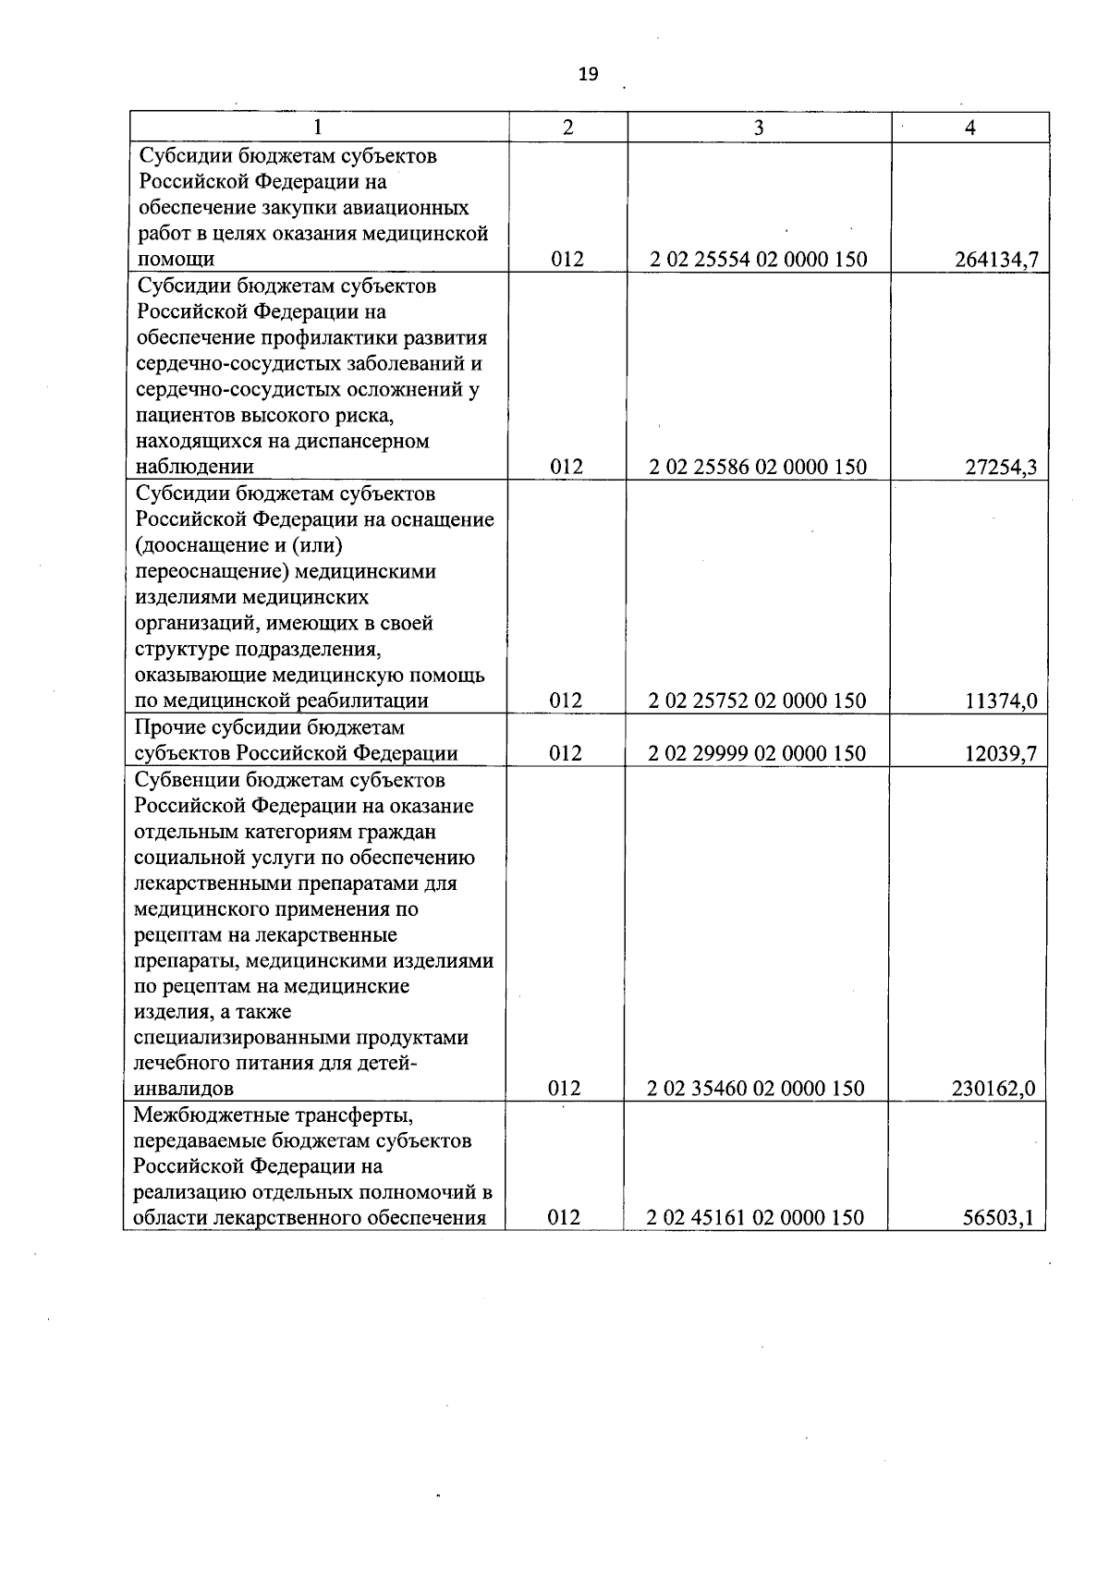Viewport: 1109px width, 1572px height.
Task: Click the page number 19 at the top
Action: point(588,75)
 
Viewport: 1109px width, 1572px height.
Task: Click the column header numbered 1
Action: point(319,128)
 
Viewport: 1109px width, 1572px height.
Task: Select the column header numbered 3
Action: point(759,128)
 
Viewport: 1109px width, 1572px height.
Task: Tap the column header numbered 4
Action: point(969,128)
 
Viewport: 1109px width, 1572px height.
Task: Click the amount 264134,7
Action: point(996,260)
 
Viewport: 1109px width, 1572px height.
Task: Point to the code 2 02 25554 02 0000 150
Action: point(758,260)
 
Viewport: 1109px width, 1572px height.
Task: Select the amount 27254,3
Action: point(1001,468)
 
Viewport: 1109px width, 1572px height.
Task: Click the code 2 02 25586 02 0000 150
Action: point(758,468)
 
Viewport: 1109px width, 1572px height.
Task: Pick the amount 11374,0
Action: point(1001,701)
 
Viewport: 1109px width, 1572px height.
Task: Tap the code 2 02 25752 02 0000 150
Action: point(758,701)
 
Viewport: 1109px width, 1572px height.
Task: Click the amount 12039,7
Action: point(1001,754)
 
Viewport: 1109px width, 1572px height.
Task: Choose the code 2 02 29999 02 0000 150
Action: point(758,754)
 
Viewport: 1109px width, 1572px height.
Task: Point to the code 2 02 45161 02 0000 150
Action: point(755,1218)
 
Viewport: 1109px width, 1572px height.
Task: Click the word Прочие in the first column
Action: point(167,728)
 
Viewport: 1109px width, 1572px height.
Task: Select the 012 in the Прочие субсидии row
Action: point(567,754)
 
